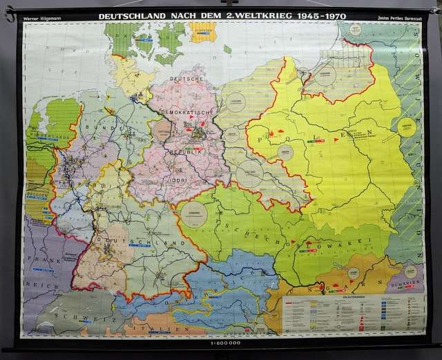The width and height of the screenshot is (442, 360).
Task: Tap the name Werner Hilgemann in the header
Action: click(x=41, y=16)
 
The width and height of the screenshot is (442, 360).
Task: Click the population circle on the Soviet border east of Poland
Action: click(x=407, y=126)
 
